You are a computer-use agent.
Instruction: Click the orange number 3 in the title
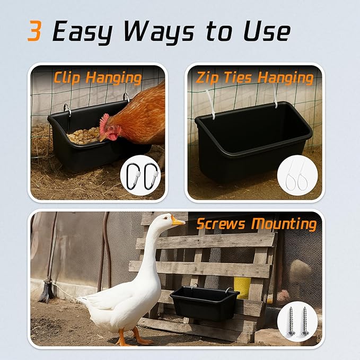[34, 31]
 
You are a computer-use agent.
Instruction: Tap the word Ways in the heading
[159, 32]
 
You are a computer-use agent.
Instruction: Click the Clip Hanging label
[98, 77]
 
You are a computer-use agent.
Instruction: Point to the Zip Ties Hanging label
[254, 77]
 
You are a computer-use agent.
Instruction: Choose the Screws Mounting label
[257, 224]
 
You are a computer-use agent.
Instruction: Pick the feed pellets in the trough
[84, 135]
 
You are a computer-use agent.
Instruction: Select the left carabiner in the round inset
[133, 176]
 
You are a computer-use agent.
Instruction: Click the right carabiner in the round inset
[151, 176]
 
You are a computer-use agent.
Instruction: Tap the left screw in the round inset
[291, 321]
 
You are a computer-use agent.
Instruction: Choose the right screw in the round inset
[305, 321]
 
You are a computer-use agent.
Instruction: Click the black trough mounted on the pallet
[204, 303]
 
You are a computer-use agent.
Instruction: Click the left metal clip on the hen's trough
[67, 110]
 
